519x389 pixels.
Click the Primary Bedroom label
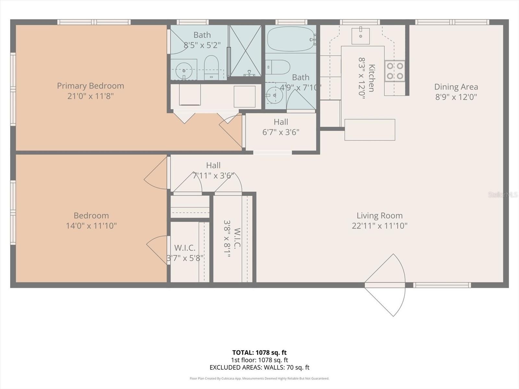pyautogui.click(x=91, y=86)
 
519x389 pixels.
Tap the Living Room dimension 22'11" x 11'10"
pyautogui.click(x=380, y=226)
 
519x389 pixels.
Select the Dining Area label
pyautogui.click(x=456, y=87)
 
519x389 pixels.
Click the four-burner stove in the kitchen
pyautogui.click(x=395, y=71)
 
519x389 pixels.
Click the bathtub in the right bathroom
pyautogui.click(x=290, y=39)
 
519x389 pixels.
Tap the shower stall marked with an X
pyautogui.click(x=246, y=51)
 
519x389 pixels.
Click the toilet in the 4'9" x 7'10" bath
pyautogui.click(x=278, y=67)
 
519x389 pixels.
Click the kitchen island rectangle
pyautogui.click(x=369, y=130)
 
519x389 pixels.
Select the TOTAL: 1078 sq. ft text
pyautogui.click(x=259, y=352)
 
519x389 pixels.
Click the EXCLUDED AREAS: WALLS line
pyautogui.click(x=259, y=367)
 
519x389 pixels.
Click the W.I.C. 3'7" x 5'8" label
pyautogui.click(x=185, y=253)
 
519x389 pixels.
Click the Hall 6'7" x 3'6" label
pyautogui.click(x=281, y=127)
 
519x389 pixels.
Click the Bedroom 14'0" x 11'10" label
pyautogui.click(x=91, y=220)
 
